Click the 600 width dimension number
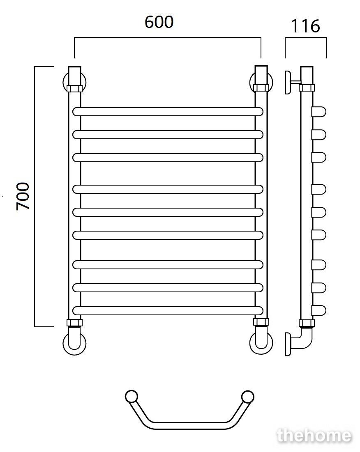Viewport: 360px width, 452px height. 159,22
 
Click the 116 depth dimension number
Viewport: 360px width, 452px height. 305,26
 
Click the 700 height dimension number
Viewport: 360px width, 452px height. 23,196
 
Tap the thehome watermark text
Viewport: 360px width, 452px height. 314,436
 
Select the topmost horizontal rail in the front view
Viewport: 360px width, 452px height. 168,112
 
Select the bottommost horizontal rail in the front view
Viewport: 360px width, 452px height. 168,310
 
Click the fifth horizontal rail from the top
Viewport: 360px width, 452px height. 168,212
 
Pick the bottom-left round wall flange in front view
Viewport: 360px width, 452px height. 74,344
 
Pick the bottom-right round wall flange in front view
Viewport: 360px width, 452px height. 261,344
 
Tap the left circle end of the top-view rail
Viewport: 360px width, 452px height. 132,397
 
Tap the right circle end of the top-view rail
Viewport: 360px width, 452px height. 247,397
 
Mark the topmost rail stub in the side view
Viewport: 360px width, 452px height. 319,112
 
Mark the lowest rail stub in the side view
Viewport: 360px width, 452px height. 319,310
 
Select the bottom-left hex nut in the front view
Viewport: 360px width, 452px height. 74,323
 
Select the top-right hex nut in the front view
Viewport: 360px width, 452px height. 261,87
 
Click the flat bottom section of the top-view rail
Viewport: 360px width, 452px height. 189,426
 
